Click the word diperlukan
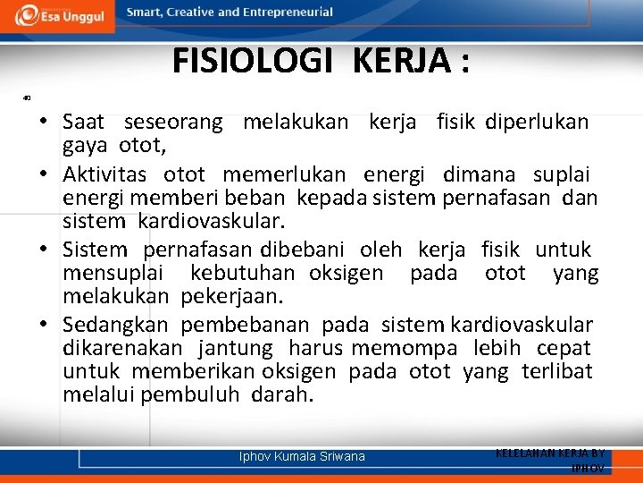tap(537, 123)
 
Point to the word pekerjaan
tap(231, 296)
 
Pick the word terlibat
tap(557, 371)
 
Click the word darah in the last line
tap(283, 394)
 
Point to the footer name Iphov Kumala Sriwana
tap(302, 457)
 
